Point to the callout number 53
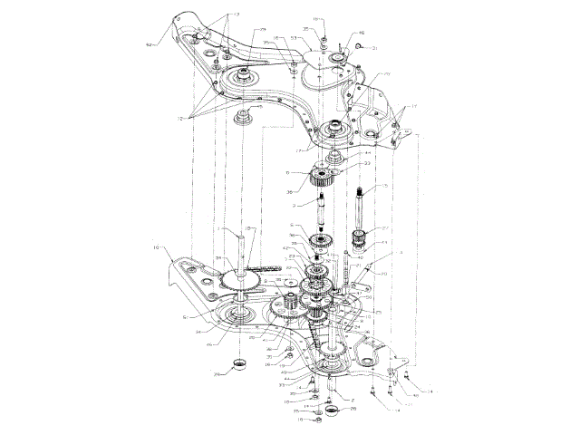[295, 39]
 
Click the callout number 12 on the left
[182, 120]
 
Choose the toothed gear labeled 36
[322, 177]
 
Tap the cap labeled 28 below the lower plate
[241, 365]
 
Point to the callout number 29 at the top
[262, 31]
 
